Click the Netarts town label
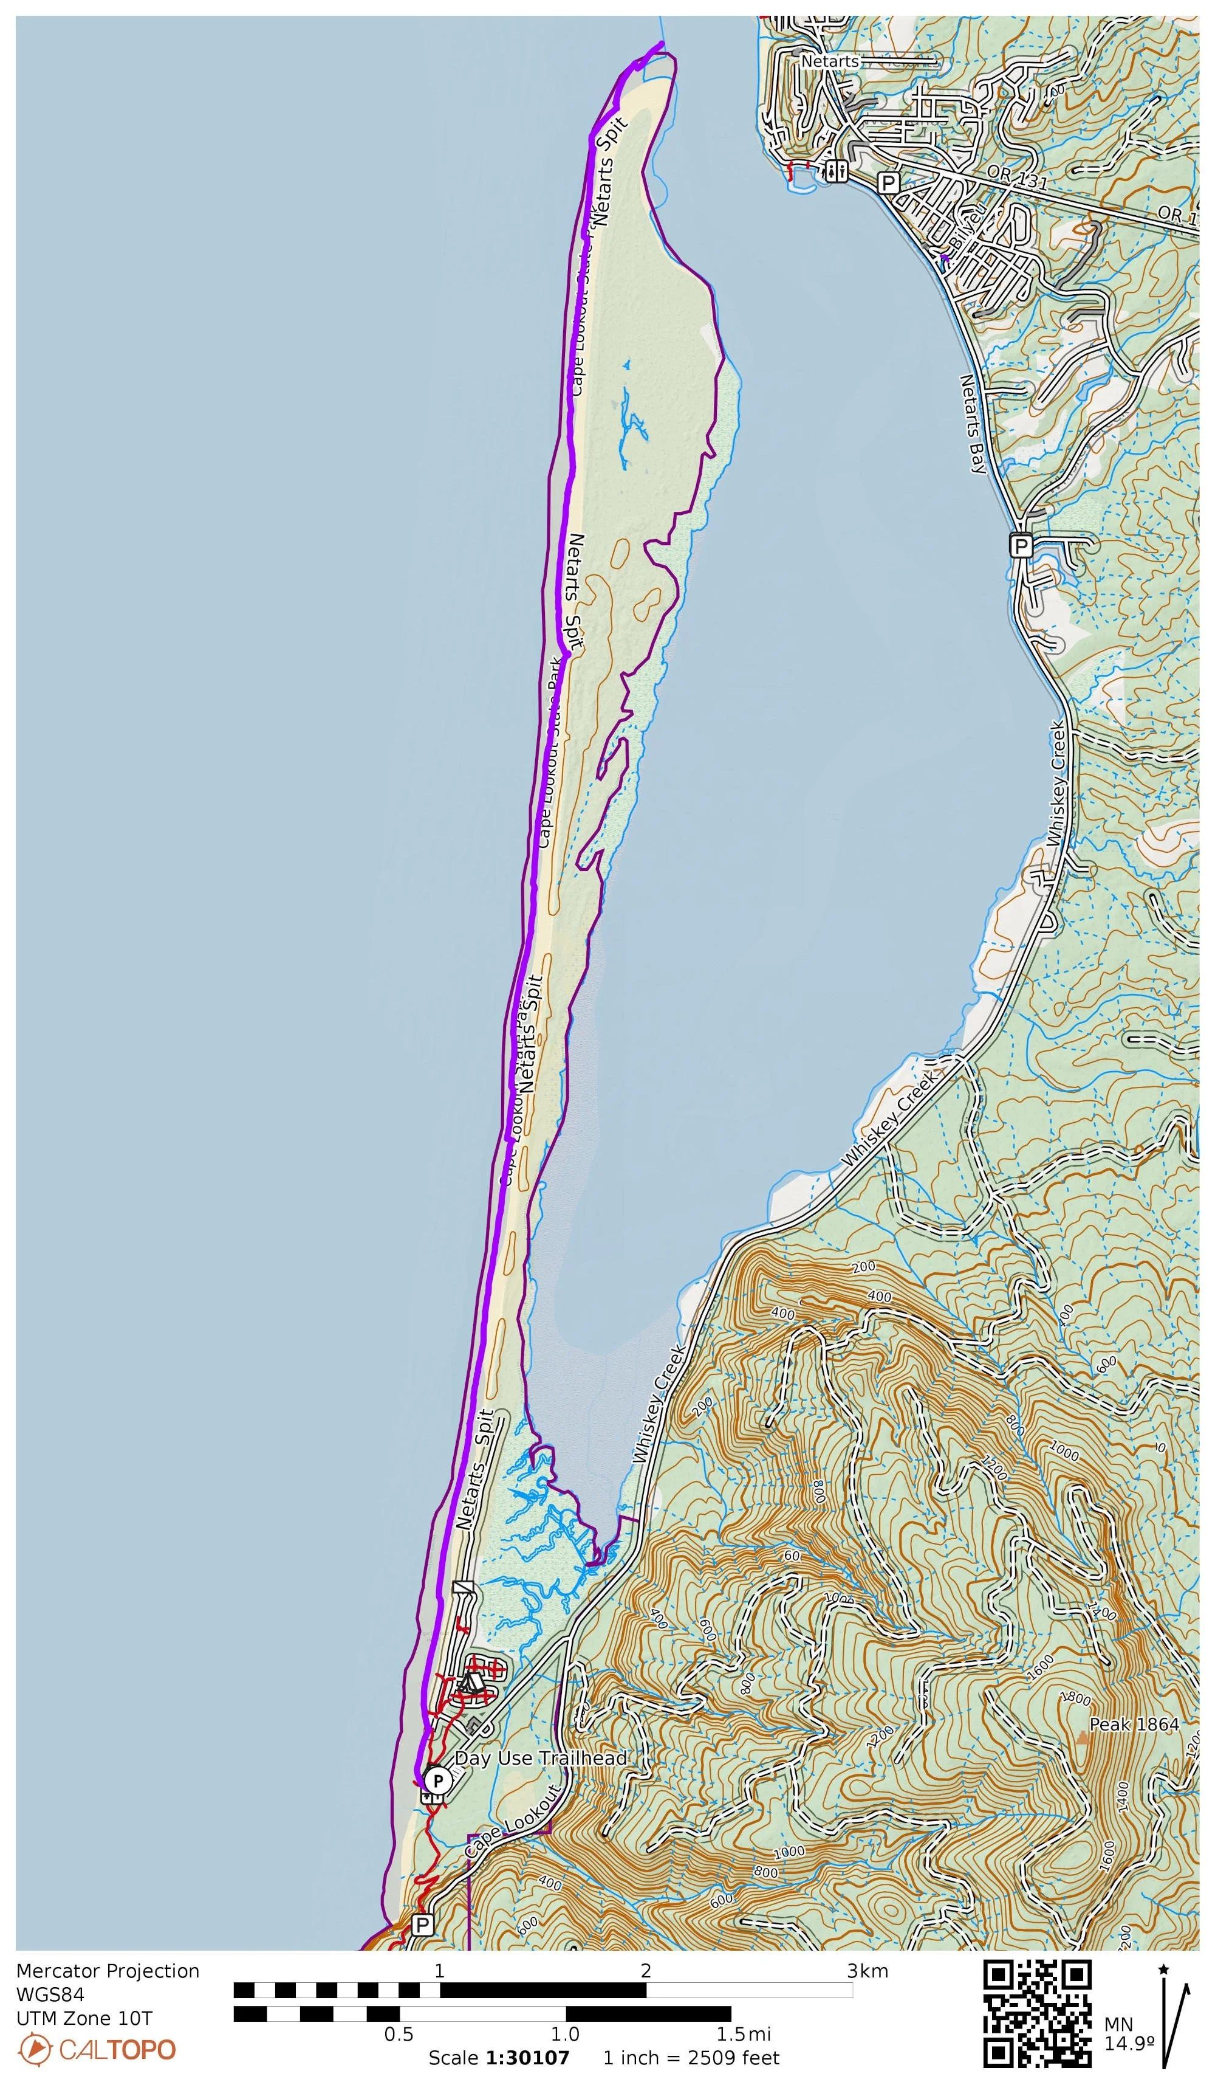830,61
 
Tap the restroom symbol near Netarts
836,171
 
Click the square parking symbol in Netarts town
888,183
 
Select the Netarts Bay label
973,424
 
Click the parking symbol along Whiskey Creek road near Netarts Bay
1021,546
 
